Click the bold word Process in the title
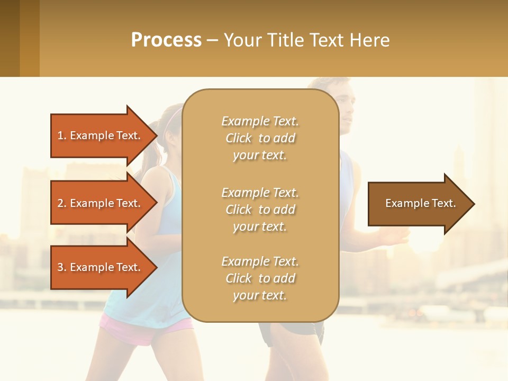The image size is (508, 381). tap(166, 40)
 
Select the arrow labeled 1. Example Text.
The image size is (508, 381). tap(101, 135)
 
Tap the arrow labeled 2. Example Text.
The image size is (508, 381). tap(101, 203)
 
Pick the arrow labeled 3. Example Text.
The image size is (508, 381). tap(101, 267)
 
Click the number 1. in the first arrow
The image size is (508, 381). tap(62, 135)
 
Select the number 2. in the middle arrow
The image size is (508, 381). tap(62, 203)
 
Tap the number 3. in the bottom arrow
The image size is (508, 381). tap(62, 267)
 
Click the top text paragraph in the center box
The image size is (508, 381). tap(260, 138)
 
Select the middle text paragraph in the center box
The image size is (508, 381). tap(260, 210)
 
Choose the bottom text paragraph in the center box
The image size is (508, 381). tap(260, 278)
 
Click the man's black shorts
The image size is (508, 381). tap(302, 331)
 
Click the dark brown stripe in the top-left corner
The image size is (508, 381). tap(10, 38)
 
